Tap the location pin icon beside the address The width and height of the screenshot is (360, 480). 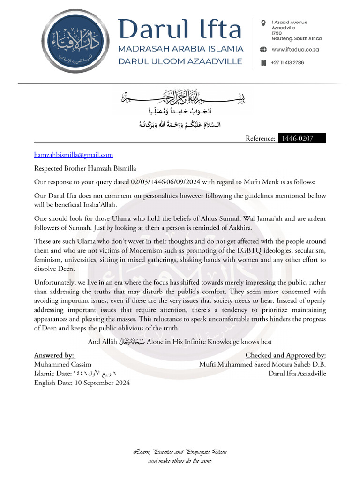pyautogui.click(x=263, y=22)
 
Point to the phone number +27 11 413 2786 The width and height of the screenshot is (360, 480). pyautogui.click(x=287, y=62)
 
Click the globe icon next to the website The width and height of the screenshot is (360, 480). pyautogui.click(x=263, y=50)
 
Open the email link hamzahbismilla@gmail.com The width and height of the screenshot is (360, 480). pyautogui.click(x=74, y=155)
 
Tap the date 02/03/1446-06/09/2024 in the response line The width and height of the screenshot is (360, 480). pyautogui.click(x=166, y=182)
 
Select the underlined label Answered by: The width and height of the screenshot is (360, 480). pyautogui.click(x=54, y=355)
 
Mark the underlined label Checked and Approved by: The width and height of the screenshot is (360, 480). pyautogui.click(x=285, y=355)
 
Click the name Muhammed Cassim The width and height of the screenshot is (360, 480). pyautogui.click(x=63, y=364)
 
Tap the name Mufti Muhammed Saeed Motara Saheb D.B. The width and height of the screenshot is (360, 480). pyautogui.click(x=262, y=364)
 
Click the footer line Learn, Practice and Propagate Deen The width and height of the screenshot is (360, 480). pyautogui.click(x=180, y=452)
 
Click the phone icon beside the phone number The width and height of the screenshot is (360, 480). pyautogui.click(x=263, y=62)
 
